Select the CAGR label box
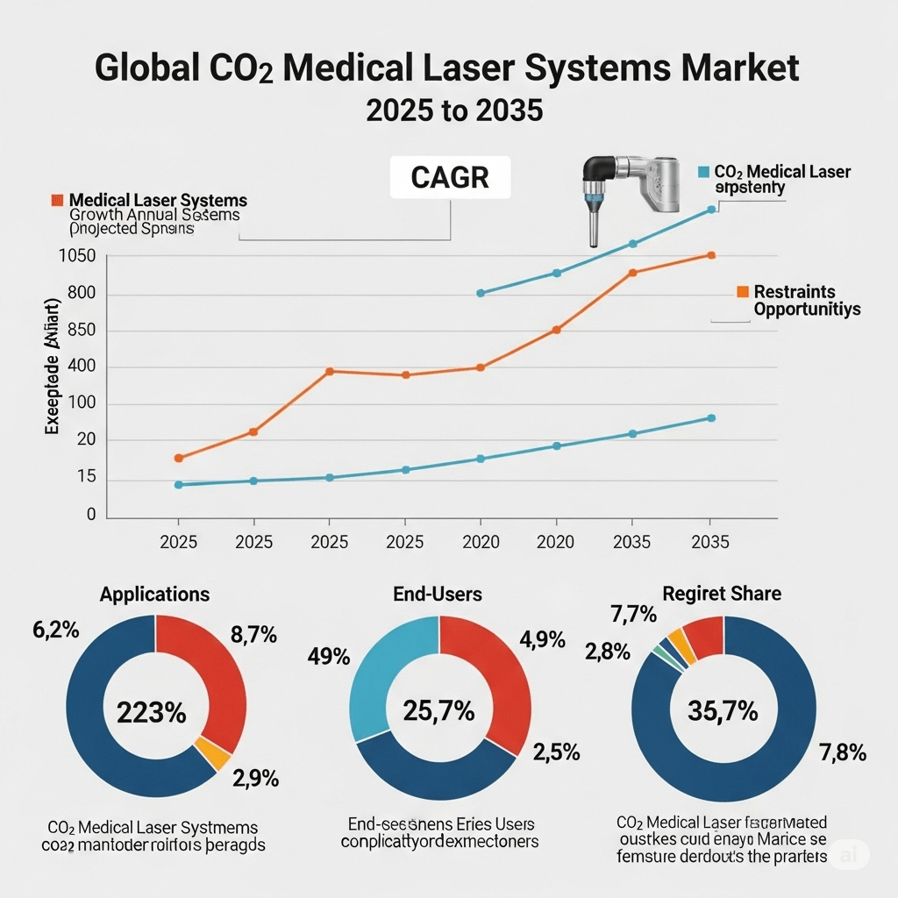click(449, 177)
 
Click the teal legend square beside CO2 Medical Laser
click(703, 172)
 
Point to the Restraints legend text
click(794, 291)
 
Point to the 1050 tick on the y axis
click(75, 256)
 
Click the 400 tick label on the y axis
click(80, 367)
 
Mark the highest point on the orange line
click(711, 255)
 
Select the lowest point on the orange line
click(179, 458)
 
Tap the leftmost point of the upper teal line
click(480, 293)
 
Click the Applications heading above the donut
click(154, 595)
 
